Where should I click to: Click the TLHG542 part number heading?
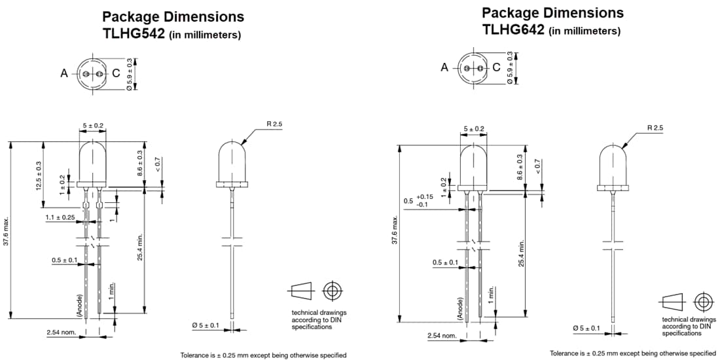(x=133, y=34)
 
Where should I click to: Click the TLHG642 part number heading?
(x=513, y=29)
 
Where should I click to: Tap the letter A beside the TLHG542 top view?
(x=64, y=74)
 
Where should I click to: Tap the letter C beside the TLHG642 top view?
(x=496, y=67)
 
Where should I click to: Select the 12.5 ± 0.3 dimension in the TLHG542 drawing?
(x=39, y=175)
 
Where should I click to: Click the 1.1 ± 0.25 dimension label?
(x=61, y=217)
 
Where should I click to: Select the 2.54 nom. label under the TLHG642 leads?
(x=442, y=336)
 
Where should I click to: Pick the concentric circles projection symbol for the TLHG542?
(x=333, y=290)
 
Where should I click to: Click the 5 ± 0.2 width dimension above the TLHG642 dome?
(x=474, y=129)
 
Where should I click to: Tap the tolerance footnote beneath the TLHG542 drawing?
(x=263, y=355)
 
